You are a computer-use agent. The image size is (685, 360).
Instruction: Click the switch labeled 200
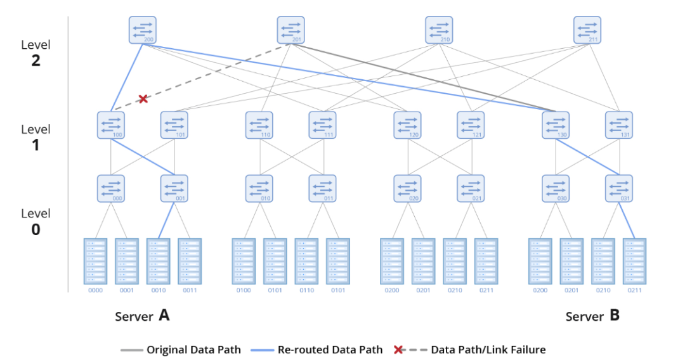142,30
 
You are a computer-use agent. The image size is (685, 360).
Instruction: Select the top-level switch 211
587,30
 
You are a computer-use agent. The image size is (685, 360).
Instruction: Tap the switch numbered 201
290,30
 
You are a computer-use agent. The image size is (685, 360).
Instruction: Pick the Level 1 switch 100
111,125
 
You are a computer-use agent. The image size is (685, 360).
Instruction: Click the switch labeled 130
556,125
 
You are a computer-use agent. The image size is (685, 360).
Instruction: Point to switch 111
322,125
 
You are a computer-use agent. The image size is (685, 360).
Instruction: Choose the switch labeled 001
174,188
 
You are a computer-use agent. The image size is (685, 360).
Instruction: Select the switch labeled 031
618,188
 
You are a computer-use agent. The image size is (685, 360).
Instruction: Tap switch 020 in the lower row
407,188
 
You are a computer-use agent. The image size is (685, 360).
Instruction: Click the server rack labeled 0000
95,261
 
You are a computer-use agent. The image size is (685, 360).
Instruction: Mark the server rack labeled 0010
158,261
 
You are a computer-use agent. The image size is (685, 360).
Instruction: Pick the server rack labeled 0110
306,261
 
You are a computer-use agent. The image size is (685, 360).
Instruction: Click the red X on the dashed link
143,99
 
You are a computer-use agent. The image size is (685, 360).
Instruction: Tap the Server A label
142,316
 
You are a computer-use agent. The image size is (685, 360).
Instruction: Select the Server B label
592,316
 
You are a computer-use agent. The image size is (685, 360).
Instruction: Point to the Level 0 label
36,221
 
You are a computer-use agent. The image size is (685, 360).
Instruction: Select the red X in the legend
398,349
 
